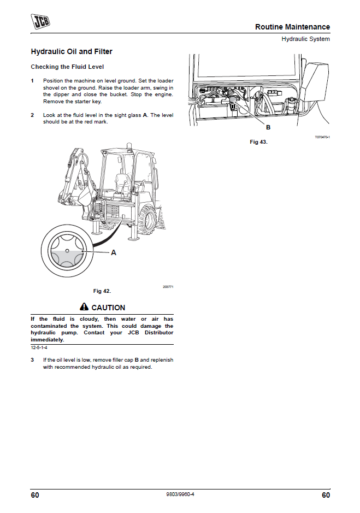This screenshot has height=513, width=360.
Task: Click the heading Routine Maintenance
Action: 292,27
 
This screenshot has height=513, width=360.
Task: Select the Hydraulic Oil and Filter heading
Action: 72,52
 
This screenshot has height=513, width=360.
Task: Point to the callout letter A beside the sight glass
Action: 114,252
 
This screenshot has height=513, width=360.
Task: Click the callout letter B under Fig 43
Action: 268,127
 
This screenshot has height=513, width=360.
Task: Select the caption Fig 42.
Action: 102,291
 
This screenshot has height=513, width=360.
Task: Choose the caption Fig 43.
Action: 258,142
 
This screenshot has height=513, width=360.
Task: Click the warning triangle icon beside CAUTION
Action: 84,308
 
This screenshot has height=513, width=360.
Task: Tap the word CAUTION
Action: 108,308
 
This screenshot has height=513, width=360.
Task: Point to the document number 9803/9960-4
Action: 180,495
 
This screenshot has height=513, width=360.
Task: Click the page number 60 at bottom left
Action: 35,495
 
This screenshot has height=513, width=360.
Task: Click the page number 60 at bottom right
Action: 326,495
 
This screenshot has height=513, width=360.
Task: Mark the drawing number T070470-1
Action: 322,137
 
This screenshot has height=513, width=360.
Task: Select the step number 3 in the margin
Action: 32,360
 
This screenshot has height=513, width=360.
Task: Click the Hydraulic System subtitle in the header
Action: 305,39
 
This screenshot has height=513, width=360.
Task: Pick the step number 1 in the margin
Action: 32,81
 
